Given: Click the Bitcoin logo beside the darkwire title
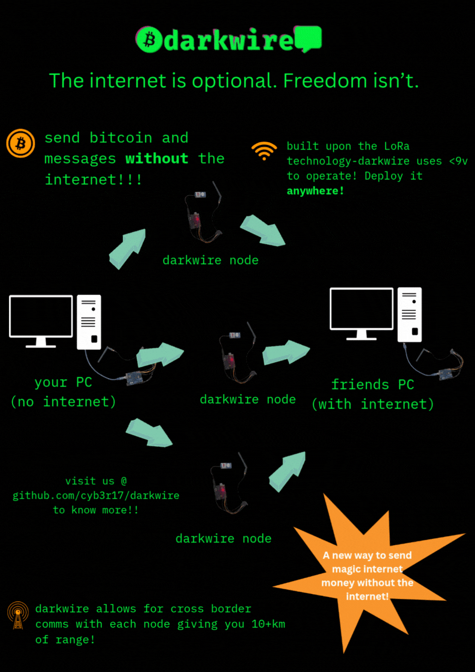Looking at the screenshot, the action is [149, 40].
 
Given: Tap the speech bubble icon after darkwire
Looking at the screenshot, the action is [309, 39].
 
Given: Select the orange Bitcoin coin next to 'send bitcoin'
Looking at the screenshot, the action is [20, 144].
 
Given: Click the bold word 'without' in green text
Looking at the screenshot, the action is [157, 159].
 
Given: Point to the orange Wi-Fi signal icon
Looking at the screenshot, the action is [264, 151].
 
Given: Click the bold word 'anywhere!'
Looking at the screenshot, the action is [316, 191].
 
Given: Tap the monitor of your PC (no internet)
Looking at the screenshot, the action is [41, 317].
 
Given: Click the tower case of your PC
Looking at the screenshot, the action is [89, 322].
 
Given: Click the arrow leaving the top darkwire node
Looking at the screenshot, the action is [262, 231].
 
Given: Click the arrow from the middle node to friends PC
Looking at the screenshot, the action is [286, 353].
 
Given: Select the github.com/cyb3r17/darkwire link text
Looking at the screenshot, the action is [96, 495].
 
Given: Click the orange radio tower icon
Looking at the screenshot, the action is [18, 615].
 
